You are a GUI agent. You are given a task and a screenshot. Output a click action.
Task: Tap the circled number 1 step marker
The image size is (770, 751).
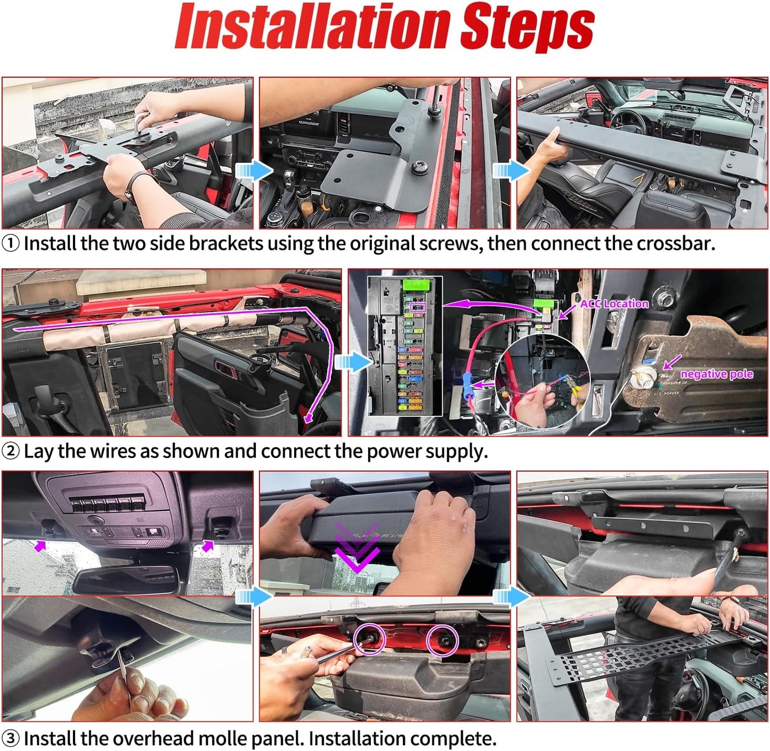click(10, 244)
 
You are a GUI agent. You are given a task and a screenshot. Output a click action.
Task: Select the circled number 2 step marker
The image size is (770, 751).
click(10, 452)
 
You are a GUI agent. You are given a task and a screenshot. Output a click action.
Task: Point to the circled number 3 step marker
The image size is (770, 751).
click(10, 738)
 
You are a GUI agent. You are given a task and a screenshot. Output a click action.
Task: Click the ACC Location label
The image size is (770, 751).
click(614, 303)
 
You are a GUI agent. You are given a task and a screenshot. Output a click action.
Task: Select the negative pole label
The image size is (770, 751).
click(717, 374)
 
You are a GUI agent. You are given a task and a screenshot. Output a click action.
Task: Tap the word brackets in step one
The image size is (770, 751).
click(225, 243)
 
